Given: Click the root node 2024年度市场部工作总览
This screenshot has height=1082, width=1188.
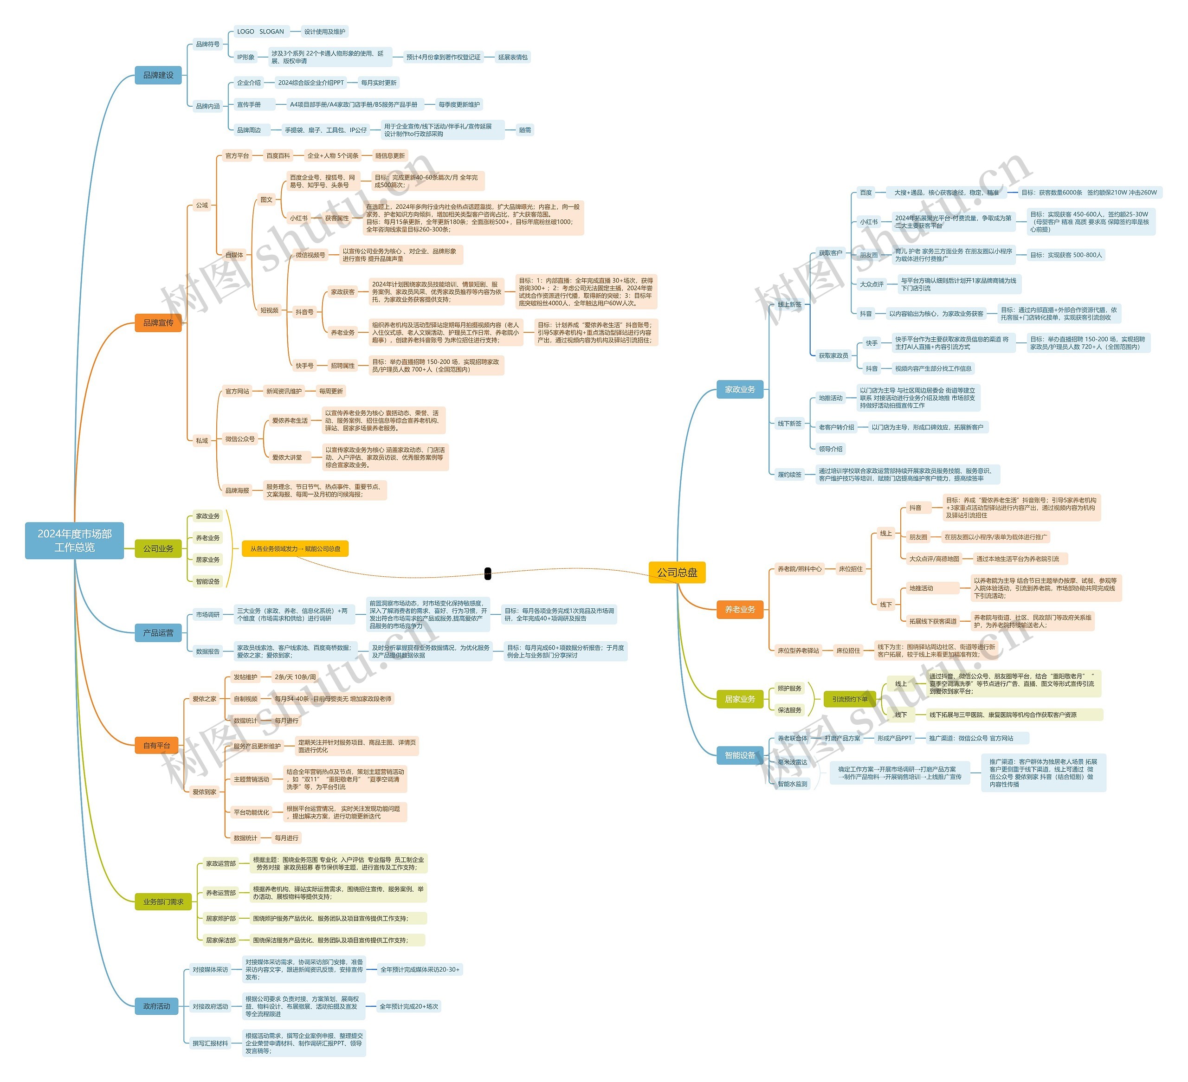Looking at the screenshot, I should point(74,541).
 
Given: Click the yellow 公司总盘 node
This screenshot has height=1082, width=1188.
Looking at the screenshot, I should point(677,572).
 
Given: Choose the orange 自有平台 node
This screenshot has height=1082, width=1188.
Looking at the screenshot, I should point(156,746).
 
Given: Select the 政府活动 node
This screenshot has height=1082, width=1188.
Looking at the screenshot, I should point(156,1006).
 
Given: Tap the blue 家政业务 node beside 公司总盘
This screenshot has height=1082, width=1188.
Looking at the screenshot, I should point(740,390).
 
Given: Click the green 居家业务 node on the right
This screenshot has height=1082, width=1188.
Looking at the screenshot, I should point(740,699).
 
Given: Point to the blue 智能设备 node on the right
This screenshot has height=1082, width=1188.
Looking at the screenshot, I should point(740,755).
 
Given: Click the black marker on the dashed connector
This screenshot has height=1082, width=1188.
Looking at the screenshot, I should point(487,573).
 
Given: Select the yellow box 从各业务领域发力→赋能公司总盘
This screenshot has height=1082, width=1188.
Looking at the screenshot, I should point(295,549).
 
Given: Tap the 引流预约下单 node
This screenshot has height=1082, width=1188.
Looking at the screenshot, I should point(849,699).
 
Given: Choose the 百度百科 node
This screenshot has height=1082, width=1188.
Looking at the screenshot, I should point(278,155).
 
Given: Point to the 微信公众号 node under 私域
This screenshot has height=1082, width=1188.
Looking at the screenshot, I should point(240,439).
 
